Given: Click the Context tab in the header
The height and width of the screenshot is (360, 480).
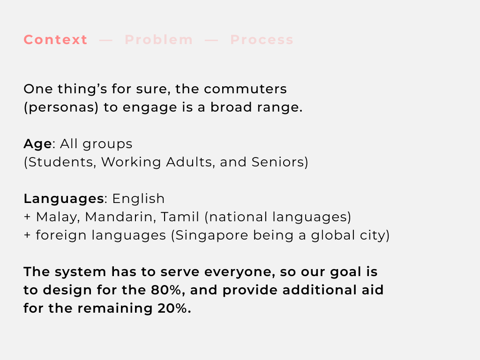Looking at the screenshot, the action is click(x=56, y=40).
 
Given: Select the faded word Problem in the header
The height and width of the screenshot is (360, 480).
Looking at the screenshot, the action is click(x=159, y=40).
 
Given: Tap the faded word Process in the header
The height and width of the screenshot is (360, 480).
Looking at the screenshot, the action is click(x=262, y=40).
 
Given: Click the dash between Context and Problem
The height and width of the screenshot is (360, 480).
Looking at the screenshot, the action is click(x=106, y=40).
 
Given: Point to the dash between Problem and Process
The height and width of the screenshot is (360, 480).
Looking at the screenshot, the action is click(x=211, y=40).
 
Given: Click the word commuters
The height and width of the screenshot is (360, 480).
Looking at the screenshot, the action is click(x=245, y=89).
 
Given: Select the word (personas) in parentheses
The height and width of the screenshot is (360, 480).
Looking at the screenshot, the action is click(x=61, y=107).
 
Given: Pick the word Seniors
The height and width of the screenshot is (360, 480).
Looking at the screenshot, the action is click(x=278, y=162).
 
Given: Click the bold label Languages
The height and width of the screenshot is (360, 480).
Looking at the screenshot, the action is click(x=64, y=199).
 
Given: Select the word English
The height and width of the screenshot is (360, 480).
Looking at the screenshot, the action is click(x=138, y=199).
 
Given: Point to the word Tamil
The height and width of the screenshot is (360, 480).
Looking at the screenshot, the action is click(x=180, y=217).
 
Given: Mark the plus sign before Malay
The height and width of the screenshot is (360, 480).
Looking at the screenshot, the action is click(x=27, y=217).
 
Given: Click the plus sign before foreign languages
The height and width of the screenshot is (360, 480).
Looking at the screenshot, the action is click(x=27, y=235).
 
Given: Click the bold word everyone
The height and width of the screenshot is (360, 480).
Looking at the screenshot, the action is click(x=240, y=272).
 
